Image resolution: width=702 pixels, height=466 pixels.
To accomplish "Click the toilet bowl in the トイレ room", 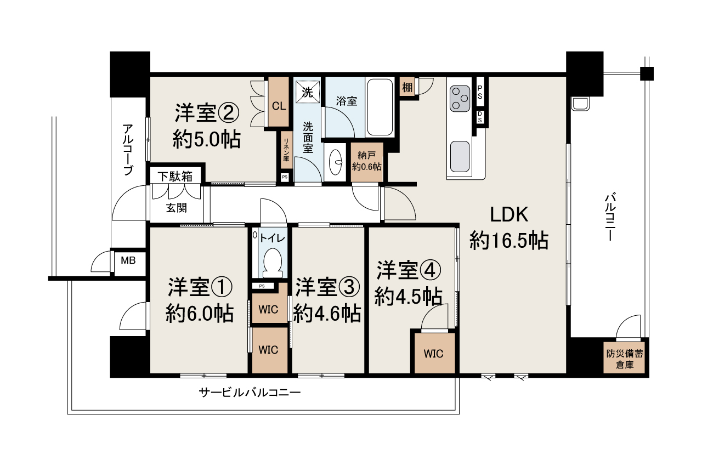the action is (273, 263).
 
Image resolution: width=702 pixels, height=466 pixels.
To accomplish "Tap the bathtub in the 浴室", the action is (380, 107).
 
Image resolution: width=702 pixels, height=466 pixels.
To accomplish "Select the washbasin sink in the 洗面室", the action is (336, 162).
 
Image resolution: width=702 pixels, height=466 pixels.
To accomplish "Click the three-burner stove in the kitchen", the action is (460, 99).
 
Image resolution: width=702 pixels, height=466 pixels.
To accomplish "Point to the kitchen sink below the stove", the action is (460, 156).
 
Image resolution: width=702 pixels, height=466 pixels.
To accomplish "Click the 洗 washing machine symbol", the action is (308, 92).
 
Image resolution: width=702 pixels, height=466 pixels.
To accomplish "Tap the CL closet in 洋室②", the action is (278, 102).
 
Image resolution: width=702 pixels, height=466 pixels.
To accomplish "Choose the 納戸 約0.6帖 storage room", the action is (367, 162).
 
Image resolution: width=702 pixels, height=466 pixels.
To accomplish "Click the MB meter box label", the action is (128, 260).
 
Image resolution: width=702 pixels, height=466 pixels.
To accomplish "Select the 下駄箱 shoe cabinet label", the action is (175, 177).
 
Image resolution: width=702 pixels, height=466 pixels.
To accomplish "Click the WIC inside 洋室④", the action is (434, 353).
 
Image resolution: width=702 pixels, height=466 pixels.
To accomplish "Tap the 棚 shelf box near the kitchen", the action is (407, 87).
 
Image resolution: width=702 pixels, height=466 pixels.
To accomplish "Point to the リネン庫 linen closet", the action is (286, 150).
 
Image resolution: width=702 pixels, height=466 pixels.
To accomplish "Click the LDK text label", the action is (508, 215).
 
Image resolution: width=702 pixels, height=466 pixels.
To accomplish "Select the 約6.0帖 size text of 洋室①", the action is (200, 313).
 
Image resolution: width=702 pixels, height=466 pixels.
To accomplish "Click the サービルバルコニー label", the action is (250, 393).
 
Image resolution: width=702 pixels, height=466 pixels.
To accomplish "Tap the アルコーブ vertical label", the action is (128, 150).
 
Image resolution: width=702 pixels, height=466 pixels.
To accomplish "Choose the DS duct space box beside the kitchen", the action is (480, 117).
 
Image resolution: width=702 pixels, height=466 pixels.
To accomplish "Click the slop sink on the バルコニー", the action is (580, 104).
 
